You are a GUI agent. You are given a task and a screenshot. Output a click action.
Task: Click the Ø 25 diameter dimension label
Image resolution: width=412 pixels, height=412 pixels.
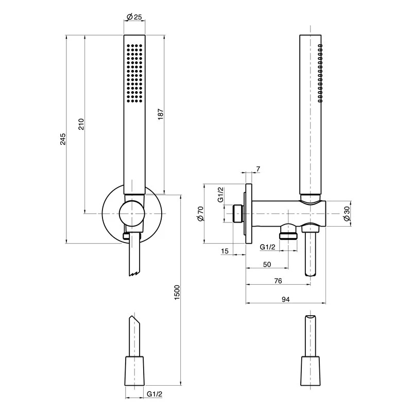134,17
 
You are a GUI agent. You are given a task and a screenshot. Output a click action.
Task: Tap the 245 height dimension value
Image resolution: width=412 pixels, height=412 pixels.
63,139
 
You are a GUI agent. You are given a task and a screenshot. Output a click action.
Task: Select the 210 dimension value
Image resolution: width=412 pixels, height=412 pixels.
81,124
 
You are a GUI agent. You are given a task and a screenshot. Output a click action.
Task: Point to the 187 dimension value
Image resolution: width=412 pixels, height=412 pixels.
161,114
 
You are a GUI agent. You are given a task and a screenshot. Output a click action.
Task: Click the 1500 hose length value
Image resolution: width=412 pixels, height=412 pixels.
177,293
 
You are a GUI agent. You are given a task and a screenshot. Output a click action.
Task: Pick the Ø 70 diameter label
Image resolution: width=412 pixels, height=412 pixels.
200,213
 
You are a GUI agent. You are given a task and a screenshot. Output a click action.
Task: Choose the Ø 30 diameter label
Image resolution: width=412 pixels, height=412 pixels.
347,213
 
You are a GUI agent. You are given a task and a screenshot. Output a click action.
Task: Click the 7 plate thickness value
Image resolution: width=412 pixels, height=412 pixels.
259,169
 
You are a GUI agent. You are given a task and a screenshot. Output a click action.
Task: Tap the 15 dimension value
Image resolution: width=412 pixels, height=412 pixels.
225,251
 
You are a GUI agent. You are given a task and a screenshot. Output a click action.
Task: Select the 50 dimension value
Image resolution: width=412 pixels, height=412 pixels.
267,264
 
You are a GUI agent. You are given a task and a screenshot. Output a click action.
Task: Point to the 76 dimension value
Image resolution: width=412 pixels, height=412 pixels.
278,281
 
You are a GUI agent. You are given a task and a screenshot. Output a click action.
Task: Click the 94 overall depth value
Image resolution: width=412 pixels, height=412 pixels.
286,299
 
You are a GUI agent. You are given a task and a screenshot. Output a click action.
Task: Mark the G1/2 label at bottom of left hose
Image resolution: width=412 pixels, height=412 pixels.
154,394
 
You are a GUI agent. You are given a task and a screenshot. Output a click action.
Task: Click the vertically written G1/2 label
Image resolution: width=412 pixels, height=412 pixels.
221,195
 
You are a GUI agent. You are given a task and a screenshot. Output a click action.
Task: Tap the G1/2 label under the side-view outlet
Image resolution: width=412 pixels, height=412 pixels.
267,247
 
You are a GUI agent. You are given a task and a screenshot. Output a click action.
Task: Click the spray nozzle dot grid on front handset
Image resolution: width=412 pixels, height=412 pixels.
134,73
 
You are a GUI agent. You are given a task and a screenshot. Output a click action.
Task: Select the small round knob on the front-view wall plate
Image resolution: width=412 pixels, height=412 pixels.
132,213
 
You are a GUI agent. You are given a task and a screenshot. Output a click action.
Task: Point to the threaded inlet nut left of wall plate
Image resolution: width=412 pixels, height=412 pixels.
237,213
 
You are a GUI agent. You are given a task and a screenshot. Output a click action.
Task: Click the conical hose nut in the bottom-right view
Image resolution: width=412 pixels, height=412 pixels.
311,371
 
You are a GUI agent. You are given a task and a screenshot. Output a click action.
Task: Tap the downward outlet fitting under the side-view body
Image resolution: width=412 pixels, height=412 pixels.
288,231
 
